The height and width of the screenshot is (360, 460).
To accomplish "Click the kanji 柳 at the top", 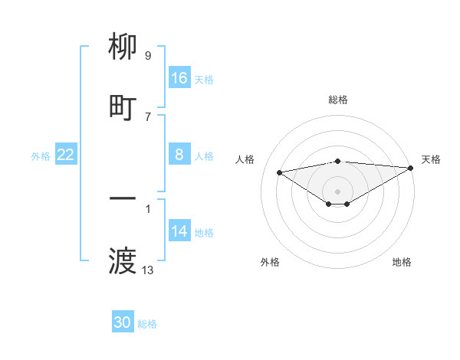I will click(123, 47).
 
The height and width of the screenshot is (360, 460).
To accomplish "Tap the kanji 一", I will click(123, 199).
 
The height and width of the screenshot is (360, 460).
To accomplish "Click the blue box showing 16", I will click(179, 78).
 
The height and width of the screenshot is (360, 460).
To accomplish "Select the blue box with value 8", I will click(179, 155).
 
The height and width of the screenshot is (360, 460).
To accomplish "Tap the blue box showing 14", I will click(179, 232).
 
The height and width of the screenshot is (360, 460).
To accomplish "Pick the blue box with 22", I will click(66, 155).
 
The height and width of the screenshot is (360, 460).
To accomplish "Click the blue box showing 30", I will click(123, 322).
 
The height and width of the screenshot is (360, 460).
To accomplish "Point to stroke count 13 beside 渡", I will click(148, 270).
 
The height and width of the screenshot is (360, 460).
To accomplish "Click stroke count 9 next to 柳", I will click(148, 56).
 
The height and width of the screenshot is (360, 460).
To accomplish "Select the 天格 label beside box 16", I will click(204, 79).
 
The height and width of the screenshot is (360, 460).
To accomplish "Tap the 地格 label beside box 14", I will click(204, 233).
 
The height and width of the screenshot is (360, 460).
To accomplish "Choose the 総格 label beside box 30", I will click(147, 324).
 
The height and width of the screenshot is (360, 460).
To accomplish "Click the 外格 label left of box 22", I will click(41, 156).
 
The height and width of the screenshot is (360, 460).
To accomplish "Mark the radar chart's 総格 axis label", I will click(337, 100).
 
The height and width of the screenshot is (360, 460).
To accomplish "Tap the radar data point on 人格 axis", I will click(280, 172).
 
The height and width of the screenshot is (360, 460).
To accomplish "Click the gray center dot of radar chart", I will click(337, 191).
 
